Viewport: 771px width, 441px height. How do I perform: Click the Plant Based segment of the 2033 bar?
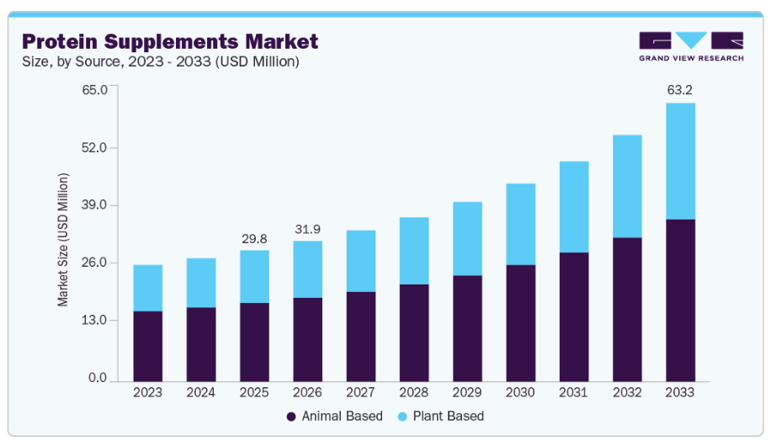(x=680, y=161)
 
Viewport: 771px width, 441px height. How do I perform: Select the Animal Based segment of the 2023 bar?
(x=147, y=346)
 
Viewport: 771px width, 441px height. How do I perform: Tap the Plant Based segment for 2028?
(x=413, y=251)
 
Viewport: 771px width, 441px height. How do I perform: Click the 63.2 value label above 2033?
(x=680, y=89)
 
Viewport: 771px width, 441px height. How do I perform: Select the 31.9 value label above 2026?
(x=307, y=228)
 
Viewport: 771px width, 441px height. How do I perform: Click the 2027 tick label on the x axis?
(x=360, y=392)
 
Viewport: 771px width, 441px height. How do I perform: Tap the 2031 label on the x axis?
(x=573, y=392)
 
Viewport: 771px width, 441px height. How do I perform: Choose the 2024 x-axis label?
(x=200, y=392)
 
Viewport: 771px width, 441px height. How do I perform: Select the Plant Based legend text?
(x=453, y=416)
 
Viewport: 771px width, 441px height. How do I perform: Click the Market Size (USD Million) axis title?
(x=63, y=239)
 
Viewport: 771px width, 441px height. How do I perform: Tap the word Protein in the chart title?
(x=66, y=41)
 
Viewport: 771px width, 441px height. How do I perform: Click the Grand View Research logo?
(x=691, y=46)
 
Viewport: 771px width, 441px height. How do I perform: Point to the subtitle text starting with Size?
(x=160, y=61)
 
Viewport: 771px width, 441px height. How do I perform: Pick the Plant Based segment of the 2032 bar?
(x=627, y=186)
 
